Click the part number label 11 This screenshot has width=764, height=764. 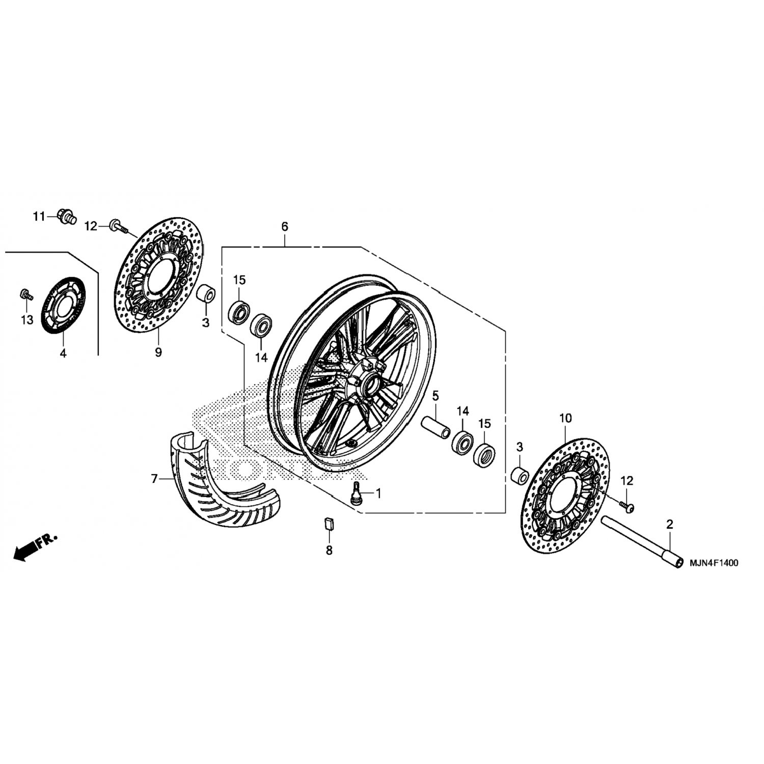click(x=39, y=216)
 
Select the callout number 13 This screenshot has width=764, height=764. click(x=26, y=320)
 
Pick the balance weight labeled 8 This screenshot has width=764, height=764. click(x=329, y=523)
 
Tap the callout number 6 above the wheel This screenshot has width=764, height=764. click(x=285, y=226)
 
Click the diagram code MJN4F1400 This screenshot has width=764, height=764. click(x=714, y=563)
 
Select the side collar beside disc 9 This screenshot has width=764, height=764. click(x=206, y=296)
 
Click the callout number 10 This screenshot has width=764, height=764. click(x=565, y=418)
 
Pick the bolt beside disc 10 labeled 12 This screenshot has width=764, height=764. click(x=627, y=505)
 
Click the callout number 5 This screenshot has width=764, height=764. click(x=435, y=395)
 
